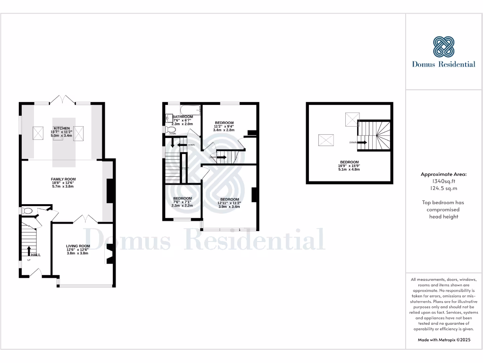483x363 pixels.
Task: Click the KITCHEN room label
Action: pos(62,129)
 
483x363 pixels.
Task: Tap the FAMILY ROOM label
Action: pos(63,179)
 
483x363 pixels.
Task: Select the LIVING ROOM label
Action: pos(78,246)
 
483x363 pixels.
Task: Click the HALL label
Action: pos(36,255)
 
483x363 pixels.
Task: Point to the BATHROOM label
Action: pos(183,117)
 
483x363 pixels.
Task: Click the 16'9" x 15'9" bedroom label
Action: pos(350,162)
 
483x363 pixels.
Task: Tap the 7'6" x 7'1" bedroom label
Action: pos(182,199)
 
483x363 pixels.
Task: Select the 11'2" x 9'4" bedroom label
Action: pos(224,123)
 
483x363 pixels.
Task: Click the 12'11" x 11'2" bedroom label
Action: pos(229,199)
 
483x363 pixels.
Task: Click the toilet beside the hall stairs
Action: pos(26,211)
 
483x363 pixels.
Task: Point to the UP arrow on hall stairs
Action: pos(29,251)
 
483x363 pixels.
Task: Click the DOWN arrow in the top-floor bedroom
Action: pos(363,142)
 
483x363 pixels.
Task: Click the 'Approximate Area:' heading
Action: pos(443,174)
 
